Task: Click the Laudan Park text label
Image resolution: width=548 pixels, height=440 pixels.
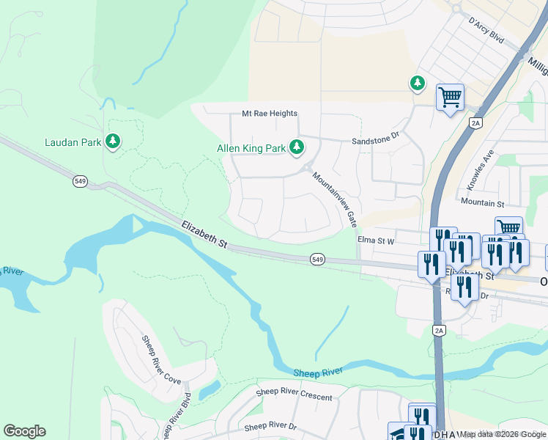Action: tap(73, 142)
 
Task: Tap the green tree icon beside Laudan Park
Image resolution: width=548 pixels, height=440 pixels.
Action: tap(113, 141)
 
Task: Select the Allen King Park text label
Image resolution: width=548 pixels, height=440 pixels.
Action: tap(251, 148)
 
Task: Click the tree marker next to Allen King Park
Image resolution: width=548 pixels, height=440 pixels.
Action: tap(297, 148)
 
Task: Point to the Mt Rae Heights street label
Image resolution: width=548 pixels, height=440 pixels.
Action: tap(270, 114)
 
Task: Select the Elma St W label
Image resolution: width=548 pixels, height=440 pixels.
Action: tap(376, 240)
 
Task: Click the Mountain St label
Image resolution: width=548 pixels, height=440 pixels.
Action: tap(483, 201)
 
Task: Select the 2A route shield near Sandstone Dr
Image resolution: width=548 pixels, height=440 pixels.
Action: tap(476, 123)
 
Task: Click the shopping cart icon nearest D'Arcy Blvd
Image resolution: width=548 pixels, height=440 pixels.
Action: tap(450, 98)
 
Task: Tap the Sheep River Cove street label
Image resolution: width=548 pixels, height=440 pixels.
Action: tap(160, 359)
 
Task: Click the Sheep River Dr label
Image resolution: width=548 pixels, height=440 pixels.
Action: tap(270, 426)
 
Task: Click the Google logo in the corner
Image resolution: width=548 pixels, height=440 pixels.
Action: tap(24, 431)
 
